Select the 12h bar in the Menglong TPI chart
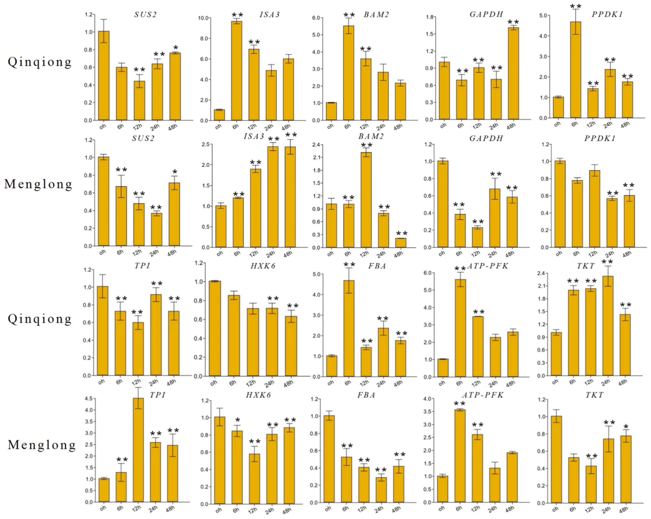click(x=138, y=450)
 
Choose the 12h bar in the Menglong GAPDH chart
click(x=477, y=237)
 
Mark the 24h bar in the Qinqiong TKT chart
click(x=608, y=326)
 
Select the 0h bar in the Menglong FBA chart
click(x=329, y=459)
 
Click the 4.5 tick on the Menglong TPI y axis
click(x=88, y=399)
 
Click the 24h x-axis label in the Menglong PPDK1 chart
click(x=609, y=254)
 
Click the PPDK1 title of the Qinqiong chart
click(x=607, y=14)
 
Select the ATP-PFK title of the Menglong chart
click(x=483, y=395)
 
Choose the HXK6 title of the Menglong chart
click(x=258, y=395)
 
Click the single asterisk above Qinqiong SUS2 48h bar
click(x=176, y=48)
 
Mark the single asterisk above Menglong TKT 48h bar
click(x=626, y=427)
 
